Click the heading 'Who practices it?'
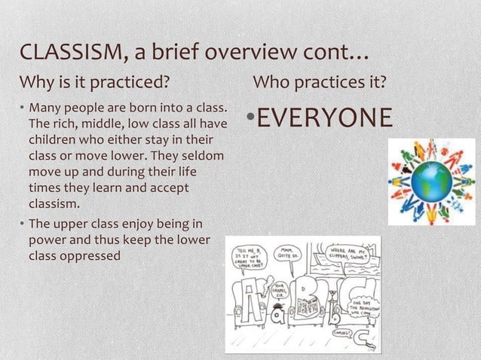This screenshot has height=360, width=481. tap(320, 81)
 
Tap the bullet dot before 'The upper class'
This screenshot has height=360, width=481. tap(23, 224)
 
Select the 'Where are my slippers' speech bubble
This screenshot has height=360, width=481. tap(348, 252)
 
